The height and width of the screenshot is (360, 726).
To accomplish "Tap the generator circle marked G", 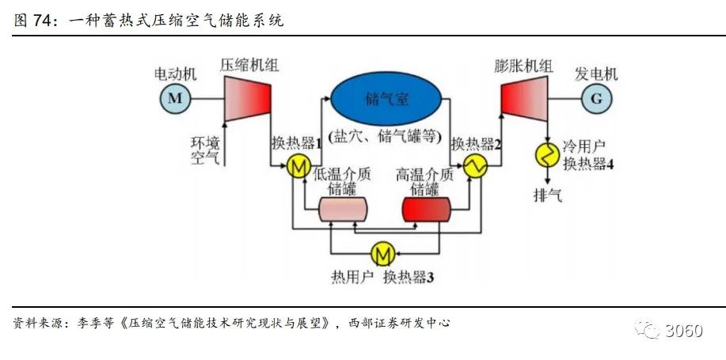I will tap(595, 98).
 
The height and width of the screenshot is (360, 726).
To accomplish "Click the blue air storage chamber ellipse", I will tap(386, 98).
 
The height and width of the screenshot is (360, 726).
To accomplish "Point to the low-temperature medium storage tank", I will tap(343, 209).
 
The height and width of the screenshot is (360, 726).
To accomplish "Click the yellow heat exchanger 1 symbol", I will tap(298, 166).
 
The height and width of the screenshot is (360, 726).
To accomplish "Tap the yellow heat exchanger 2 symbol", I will tap(477, 166).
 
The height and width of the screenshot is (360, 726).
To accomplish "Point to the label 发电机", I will tap(596, 74).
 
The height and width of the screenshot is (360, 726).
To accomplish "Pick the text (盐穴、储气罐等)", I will tap(385, 135).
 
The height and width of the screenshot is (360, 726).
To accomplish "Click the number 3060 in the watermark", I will tap(683, 330).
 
